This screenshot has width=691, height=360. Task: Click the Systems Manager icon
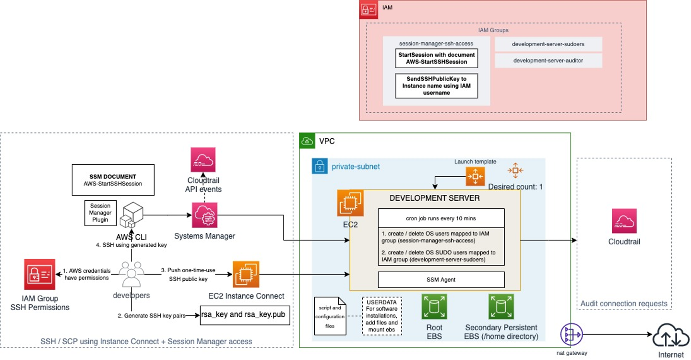(x=204, y=215)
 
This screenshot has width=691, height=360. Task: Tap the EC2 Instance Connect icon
(x=246, y=275)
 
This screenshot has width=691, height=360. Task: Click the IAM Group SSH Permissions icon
(x=40, y=275)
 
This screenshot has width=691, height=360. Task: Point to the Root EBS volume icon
(x=434, y=307)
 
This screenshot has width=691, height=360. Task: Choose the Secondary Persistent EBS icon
(x=501, y=307)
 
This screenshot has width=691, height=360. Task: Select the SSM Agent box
(x=441, y=279)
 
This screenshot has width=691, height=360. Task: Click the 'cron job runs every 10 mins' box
(x=441, y=218)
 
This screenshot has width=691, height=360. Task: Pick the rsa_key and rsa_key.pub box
(x=245, y=315)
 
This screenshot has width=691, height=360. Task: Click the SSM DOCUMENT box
(x=113, y=180)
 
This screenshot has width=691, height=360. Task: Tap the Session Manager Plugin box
(x=100, y=213)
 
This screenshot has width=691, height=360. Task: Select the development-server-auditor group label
(x=548, y=60)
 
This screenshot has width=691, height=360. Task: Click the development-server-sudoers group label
(x=548, y=44)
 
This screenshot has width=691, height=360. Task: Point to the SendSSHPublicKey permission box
(x=436, y=85)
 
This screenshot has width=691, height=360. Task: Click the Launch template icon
(x=475, y=177)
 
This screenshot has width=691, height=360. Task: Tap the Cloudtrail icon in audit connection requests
(x=624, y=221)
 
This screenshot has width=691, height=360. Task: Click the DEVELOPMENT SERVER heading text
(x=434, y=198)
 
